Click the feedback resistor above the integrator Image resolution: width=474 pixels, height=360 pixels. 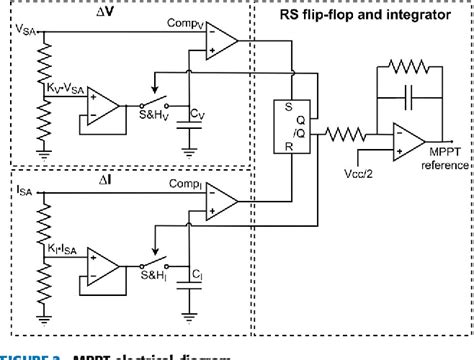[x=405, y=67]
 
